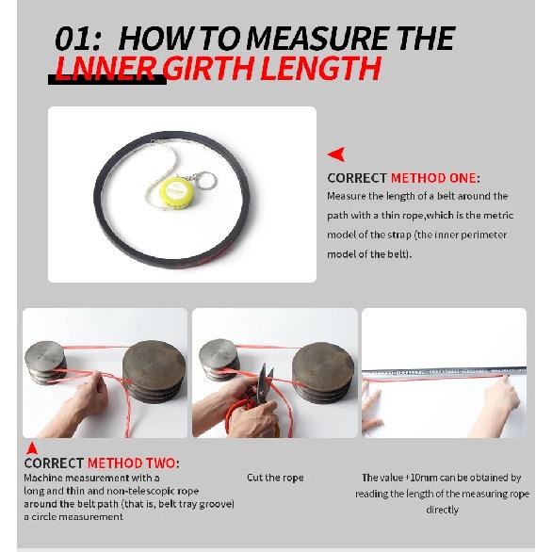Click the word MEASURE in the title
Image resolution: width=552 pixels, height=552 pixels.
pos(317,38)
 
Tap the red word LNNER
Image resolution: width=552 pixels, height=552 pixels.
pos(106,68)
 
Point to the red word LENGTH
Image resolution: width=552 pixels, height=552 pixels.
pos(321,68)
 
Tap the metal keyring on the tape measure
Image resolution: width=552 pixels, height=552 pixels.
pos(205,180)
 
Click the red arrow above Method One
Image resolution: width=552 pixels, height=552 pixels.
pos(336,154)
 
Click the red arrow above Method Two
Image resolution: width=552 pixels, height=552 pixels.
pos(32,448)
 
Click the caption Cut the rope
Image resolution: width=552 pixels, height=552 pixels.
pos(275,478)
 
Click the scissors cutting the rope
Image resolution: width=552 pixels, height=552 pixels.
pos(264,385)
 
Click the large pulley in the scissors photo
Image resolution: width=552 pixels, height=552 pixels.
pos(323,372)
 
